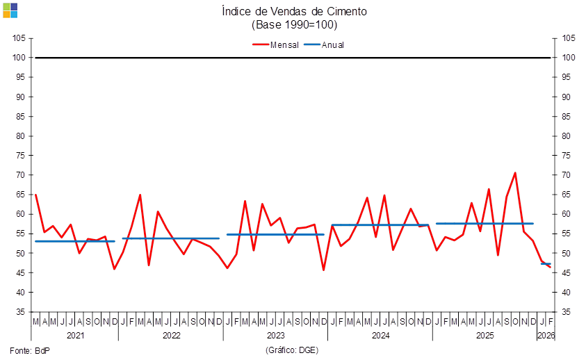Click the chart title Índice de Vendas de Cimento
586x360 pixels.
[293, 11]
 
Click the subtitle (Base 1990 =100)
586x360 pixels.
[293, 25]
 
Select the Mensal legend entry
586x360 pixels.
[277, 44]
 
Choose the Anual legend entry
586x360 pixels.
[325, 44]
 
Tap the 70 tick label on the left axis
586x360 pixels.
[20, 175]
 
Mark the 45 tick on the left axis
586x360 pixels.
[20, 273]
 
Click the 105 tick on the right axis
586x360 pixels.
[569, 38]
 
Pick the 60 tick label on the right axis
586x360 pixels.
[568, 214]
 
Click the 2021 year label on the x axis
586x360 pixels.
[74, 335]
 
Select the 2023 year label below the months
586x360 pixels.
[276, 335]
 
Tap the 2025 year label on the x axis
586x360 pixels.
[485, 335]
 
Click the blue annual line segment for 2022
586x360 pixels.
[170, 238]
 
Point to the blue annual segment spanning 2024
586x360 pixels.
[380, 225]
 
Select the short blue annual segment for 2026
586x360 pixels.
[546, 264]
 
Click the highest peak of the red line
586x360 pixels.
[515, 173]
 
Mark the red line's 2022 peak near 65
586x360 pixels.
[140, 195]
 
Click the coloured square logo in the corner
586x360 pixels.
[10, 10]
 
